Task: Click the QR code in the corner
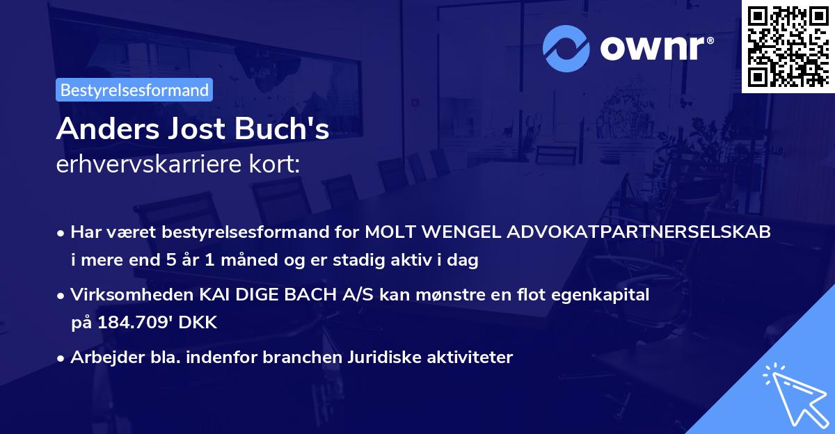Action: coord(788,46)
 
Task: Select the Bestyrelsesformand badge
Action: coord(134,90)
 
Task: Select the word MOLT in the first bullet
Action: coord(390,232)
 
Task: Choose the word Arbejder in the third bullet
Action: coord(101,357)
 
